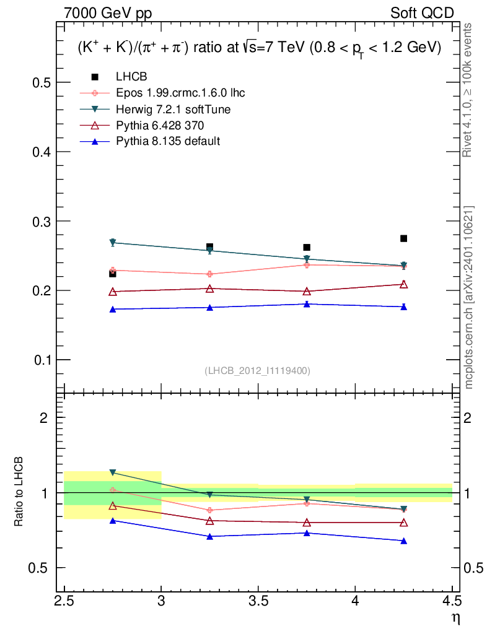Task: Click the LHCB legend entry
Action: coord(131,76)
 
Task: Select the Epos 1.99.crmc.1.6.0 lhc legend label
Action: coord(180,93)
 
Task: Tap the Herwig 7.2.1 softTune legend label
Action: coord(173,109)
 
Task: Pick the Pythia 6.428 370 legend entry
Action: coord(160,125)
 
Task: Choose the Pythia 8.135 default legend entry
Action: coord(168,141)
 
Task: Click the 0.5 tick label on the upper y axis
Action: coord(42,82)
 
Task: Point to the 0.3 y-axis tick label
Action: coord(42,221)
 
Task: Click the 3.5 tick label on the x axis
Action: coord(258,601)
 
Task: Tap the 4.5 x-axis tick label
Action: coord(452,601)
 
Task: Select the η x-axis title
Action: coord(456,619)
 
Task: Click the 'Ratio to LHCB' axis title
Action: coord(18,492)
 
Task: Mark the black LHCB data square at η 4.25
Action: coord(403,238)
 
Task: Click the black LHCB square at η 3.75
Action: coord(307,248)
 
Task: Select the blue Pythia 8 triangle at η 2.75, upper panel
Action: coord(113,310)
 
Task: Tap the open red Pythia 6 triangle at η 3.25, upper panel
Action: coord(209,289)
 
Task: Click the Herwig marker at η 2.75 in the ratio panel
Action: coord(113,472)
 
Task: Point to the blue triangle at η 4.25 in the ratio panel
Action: coord(403,541)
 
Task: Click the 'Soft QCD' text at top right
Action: coord(422,14)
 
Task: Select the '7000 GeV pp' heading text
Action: coord(108,14)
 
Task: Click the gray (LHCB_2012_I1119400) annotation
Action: coord(258,371)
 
